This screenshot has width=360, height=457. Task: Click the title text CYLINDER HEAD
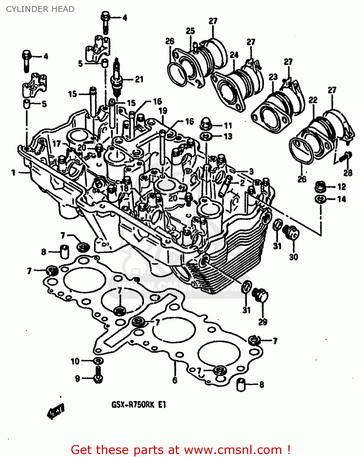(x=40, y=9)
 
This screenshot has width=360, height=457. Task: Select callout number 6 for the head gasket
(x=175, y=380)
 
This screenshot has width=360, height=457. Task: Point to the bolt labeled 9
(x=98, y=375)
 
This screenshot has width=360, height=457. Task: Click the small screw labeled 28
(x=346, y=156)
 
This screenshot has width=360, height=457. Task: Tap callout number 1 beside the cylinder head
(x=13, y=173)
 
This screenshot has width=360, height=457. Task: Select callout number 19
(x=163, y=111)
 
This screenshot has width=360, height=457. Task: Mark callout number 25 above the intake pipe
(x=190, y=31)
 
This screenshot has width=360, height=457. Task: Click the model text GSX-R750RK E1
(x=139, y=405)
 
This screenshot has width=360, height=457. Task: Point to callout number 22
(x=313, y=100)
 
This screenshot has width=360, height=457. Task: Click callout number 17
(x=57, y=143)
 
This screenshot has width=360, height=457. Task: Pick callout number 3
(x=251, y=171)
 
